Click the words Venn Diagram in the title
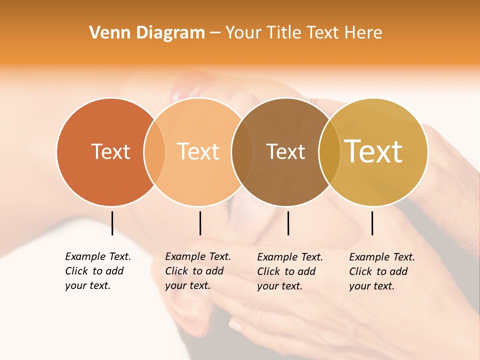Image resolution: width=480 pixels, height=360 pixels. point(147,33)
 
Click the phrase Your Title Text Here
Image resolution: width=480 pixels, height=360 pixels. point(303,33)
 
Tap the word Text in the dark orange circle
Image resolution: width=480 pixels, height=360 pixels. point(110,151)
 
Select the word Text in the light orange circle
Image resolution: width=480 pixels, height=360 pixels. point(198,151)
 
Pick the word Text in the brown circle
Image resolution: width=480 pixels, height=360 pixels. point(285,151)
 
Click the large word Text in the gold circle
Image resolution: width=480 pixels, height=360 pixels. point(373,151)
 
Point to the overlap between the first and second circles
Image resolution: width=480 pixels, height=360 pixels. point(154,152)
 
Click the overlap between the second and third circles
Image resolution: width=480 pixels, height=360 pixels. point(242,152)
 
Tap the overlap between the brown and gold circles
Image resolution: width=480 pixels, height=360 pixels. point(329,152)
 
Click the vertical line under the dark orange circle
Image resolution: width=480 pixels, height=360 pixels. point(112,223)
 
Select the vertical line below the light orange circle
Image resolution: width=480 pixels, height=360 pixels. point(200,223)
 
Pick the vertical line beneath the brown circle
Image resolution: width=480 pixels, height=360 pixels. point(288,223)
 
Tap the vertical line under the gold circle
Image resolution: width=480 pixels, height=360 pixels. point(372,223)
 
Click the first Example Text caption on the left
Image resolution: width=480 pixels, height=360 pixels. point(98,271)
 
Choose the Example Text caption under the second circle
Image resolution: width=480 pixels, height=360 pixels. point(198,271)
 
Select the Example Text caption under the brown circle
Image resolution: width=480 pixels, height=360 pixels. point(290,271)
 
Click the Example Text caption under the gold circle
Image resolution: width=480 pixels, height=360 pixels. point(382,271)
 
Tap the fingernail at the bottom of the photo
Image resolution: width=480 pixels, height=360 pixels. point(235,326)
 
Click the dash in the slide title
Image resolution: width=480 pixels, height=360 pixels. point(215,33)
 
